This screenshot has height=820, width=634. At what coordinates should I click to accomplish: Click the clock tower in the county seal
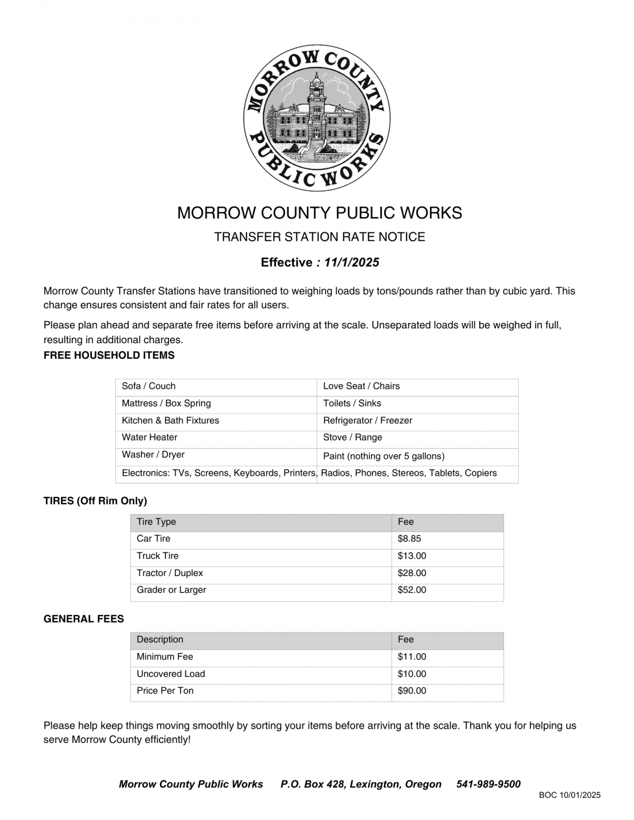(316, 92)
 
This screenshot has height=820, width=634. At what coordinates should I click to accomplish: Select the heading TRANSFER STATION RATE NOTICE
(319, 237)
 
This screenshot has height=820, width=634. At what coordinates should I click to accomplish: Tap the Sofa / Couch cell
(148, 386)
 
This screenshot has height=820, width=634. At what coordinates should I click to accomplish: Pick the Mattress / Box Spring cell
(166, 403)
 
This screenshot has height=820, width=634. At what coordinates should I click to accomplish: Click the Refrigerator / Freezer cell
(367, 420)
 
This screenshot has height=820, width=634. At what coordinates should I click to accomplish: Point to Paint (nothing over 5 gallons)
(384, 456)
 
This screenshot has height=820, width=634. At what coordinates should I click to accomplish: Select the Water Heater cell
(150, 437)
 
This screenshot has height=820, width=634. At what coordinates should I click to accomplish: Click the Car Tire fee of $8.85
(409, 539)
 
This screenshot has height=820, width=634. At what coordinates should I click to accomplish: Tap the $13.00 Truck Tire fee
(412, 556)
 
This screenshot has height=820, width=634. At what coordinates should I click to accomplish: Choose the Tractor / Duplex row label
(170, 573)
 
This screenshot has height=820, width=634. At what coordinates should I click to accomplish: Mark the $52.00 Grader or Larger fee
(412, 590)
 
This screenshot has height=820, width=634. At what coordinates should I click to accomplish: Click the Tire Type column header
(156, 522)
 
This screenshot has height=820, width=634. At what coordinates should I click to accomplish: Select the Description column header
(160, 639)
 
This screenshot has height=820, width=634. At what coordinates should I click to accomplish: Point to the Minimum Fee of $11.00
(412, 657)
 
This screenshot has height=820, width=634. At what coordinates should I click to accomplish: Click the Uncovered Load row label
(171, 674)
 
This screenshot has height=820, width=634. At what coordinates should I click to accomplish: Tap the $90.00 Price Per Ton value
(412, 691)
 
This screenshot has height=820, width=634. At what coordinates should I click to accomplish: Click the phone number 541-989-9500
(488, 784)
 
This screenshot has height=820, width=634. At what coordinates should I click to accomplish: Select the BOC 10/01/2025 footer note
(570, 795)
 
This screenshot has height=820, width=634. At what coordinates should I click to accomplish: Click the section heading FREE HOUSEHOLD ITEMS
(109, 355)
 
